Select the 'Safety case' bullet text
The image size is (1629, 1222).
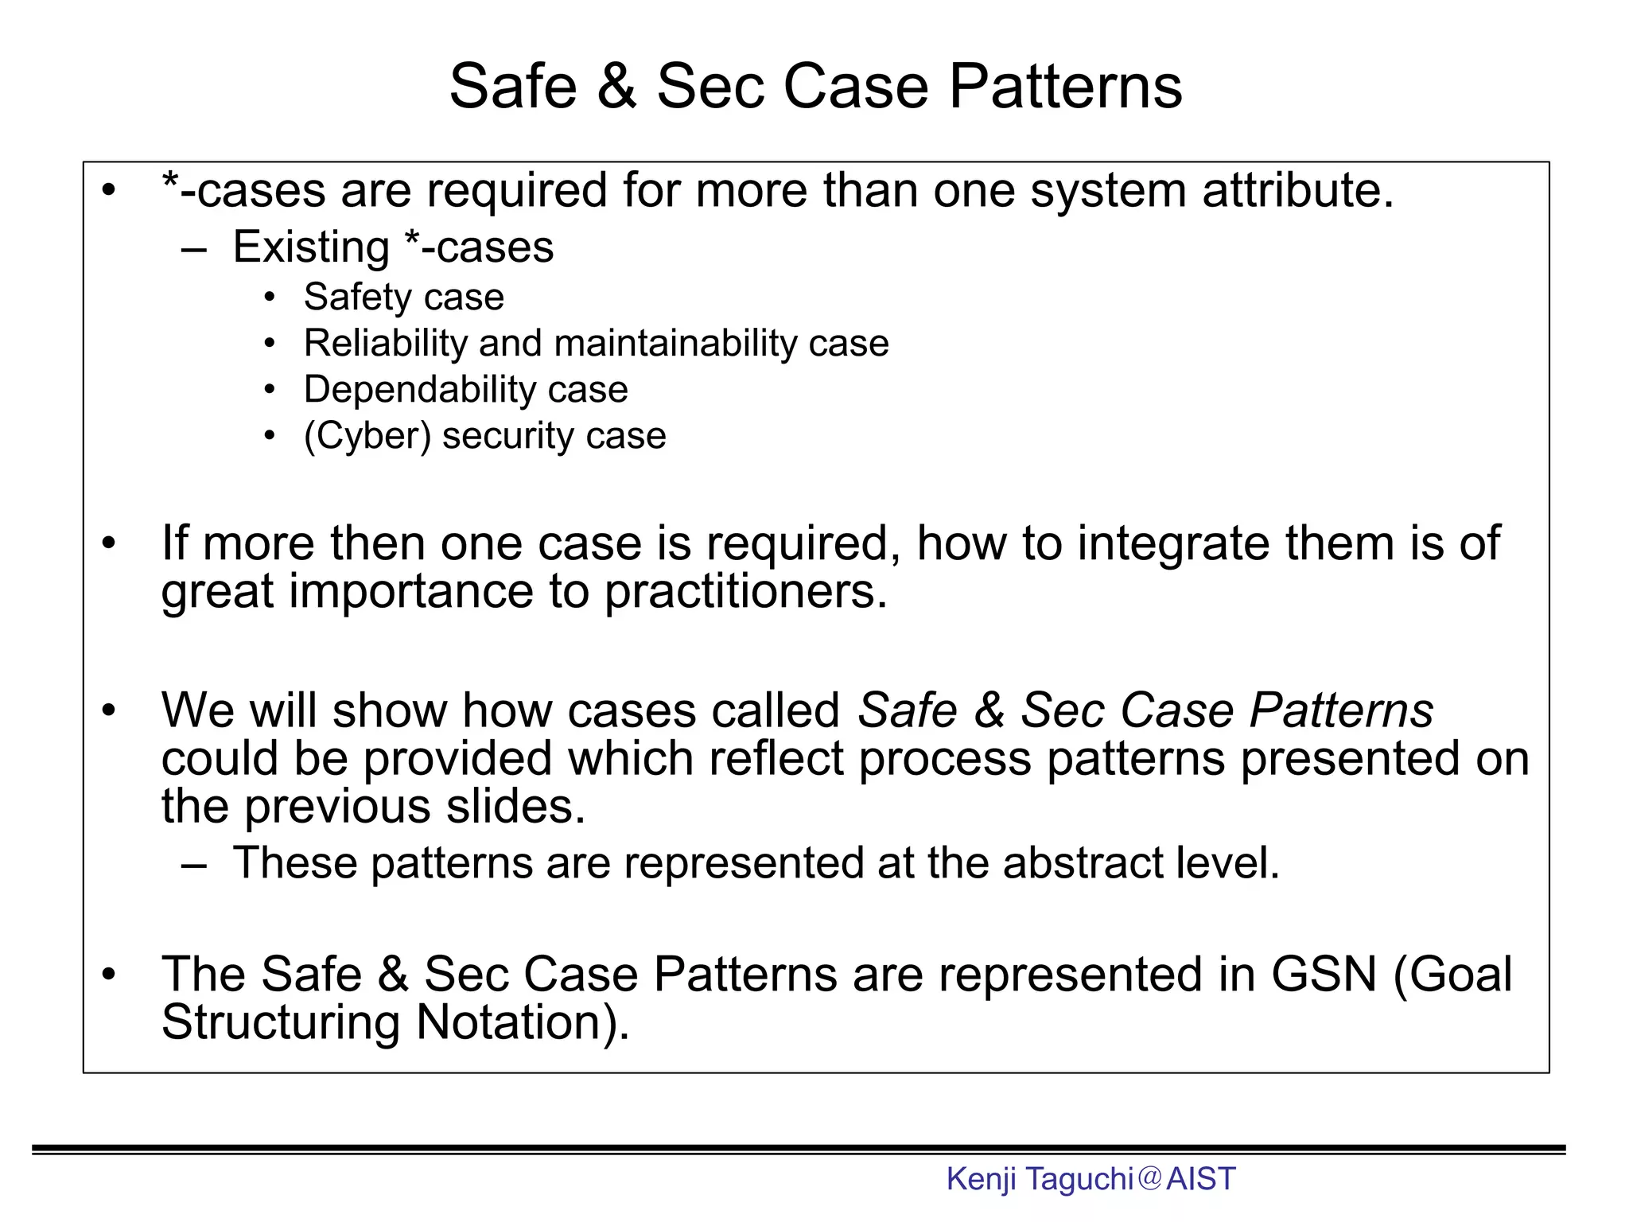point(403,298)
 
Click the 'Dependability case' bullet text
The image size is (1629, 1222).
point(465,390)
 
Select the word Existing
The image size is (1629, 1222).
point(310,247)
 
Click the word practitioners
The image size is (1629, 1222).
point(745,593)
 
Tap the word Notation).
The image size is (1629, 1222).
point(522,1022)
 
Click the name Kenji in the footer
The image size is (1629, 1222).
point(981,1179)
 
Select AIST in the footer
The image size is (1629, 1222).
point(1201,1179)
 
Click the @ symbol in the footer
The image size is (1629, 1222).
point(1150,1178)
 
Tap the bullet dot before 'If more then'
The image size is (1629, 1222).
point(109,545)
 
